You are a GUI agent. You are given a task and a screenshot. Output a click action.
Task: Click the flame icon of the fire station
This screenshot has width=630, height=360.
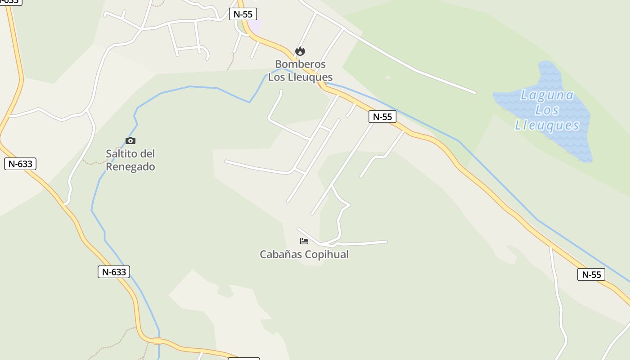click(300, 51)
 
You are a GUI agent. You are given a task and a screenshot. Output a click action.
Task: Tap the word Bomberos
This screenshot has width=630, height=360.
click(300, 64)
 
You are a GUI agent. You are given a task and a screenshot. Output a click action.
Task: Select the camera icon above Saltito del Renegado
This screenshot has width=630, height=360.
click(130, 141)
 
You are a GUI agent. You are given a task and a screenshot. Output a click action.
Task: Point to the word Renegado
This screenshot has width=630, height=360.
click(130, 167)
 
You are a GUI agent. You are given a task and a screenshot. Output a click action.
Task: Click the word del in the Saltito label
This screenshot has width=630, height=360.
click(148, 154)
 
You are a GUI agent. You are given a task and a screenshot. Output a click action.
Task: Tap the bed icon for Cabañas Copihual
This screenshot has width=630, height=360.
click(304, 241)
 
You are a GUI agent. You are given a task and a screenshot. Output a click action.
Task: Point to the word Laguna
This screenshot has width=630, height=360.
click(547, 95)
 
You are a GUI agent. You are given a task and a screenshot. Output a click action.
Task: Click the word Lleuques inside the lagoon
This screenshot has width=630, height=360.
click(547, 125)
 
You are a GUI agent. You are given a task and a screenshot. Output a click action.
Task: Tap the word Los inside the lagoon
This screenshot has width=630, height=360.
click(547, 110)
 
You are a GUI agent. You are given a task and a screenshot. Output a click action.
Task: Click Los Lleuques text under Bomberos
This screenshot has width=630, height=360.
click(300, 77)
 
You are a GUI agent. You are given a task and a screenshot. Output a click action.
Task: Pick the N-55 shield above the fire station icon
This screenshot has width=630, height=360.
click(243, 14)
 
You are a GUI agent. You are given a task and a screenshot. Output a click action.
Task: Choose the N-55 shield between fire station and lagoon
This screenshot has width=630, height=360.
click(382, 117)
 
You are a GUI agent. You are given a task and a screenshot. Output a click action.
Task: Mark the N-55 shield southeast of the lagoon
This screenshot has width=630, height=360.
click(591, 274)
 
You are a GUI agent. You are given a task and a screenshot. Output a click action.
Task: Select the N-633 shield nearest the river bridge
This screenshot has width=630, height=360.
click(114, 272)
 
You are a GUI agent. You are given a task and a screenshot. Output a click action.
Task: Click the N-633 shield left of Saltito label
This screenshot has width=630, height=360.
click(20, 164)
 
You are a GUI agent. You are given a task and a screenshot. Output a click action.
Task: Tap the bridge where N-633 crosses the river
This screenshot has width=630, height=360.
click(157, 341)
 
